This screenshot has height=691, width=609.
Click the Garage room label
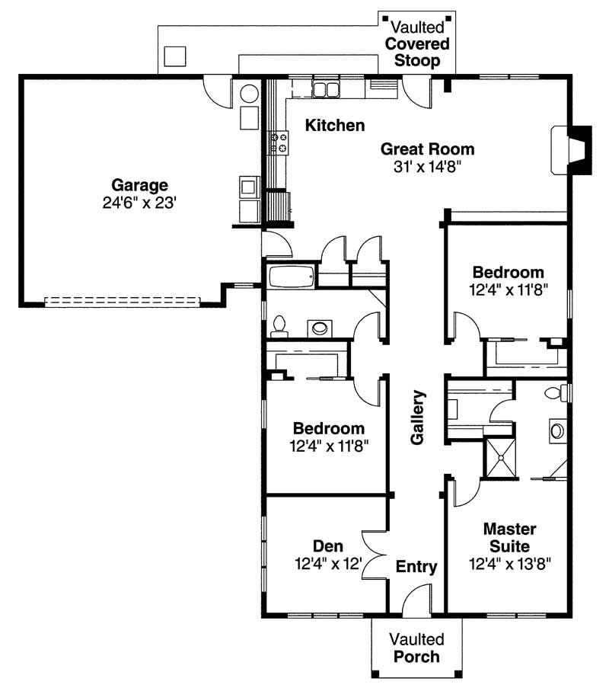140,184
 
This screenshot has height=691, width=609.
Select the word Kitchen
335,125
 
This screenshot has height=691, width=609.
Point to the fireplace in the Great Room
570,149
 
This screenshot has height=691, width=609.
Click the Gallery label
417,417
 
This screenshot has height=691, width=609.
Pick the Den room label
328,546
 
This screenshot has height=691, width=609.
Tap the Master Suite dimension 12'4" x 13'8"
510,564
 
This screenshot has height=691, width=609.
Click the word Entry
416,567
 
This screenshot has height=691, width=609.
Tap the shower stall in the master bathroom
501,457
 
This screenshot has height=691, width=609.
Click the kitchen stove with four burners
278,142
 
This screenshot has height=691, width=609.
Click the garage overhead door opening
122,301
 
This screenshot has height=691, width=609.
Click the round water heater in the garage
250,94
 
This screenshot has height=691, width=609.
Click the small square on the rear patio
175,56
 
